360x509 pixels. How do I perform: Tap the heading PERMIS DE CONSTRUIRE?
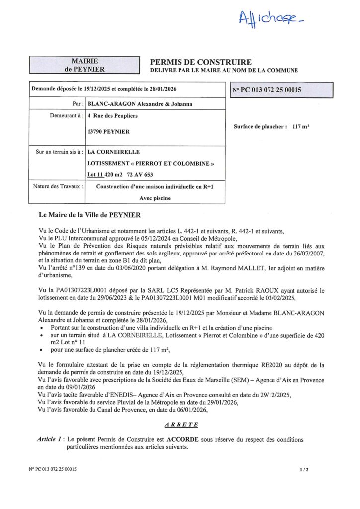point(201,62)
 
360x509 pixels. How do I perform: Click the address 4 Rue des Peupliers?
point(112,116)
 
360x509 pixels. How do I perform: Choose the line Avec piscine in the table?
point(155,198)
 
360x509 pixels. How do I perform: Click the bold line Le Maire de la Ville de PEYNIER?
point(90,215)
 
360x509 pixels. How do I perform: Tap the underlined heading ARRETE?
point(181,425)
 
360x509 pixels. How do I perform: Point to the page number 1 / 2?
point(304,469)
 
